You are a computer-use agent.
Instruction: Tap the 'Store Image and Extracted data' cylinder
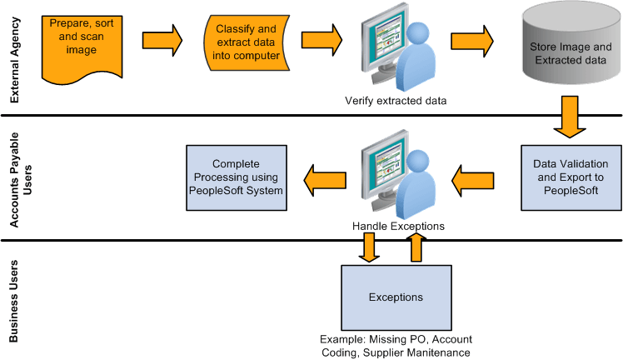point(569,54)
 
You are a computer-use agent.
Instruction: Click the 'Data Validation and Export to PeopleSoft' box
point(571,177)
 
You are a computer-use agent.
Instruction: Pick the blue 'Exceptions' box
point(396,297)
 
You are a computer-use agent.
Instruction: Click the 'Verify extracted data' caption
point(396,102)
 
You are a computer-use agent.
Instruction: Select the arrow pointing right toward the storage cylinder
point(471,39)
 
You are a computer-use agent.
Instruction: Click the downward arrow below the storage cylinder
point(570,116)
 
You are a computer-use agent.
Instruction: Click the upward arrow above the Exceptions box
point(416,248)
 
